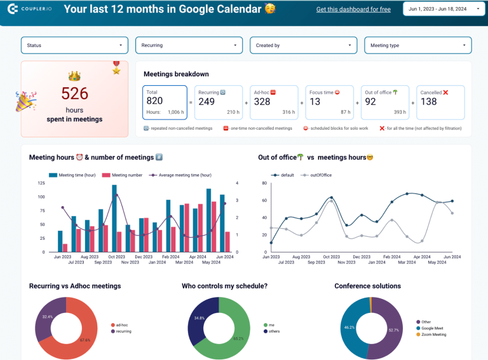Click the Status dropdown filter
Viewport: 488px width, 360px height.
coord(74,45)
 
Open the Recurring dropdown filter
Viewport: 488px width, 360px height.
coord(189,45)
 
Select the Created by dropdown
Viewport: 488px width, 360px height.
coord(303,45)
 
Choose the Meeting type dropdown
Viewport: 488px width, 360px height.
coord(417,45)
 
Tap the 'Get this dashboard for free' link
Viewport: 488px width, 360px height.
coord(353,10)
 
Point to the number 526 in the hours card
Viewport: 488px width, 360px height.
coord(74,93)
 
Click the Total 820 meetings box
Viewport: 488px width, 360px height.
coord(165,102)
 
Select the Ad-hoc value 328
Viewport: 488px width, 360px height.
coord(262,101)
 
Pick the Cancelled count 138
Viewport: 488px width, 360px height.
coord(430,101)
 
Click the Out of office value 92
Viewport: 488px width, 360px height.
coord(371,101)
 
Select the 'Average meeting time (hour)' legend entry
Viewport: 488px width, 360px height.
coord(184,175)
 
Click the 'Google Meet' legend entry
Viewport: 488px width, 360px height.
coord(433,328)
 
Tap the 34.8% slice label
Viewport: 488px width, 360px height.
coord(199,317)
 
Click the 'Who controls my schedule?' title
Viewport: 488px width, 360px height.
coord(224,286)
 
